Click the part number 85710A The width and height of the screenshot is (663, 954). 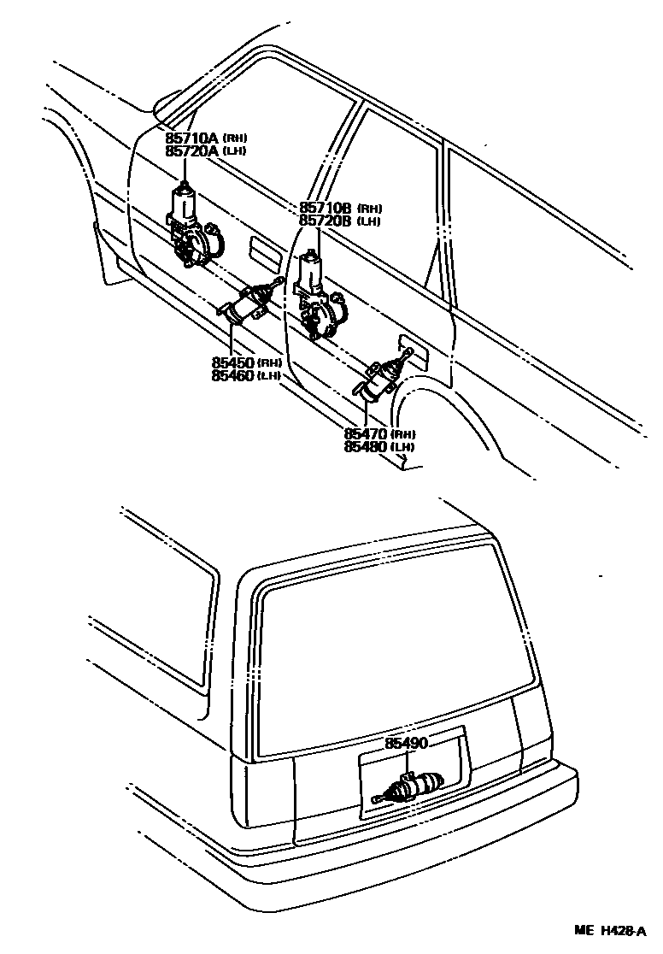[192, 138]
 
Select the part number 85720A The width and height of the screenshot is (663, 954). [192, 150]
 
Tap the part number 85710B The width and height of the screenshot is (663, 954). [326, 209]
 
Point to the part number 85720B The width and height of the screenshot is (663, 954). [326, 221]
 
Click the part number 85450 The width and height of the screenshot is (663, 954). [233, 362]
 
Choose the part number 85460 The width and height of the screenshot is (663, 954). [233, 375]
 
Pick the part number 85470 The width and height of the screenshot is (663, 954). [367, 434]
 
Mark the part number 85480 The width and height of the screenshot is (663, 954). [367, 447]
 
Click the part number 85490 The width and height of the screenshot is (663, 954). [406, 744]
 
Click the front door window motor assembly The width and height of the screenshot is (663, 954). [193, 229]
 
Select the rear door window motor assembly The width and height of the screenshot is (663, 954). [317, 299]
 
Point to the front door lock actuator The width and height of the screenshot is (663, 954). [247, 303]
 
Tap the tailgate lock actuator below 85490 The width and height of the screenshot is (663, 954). [414, 786]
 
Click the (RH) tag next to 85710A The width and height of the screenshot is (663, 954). [235, 138]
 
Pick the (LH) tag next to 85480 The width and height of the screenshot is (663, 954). [404, 448]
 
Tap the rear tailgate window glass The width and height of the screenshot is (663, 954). [393, 650]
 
